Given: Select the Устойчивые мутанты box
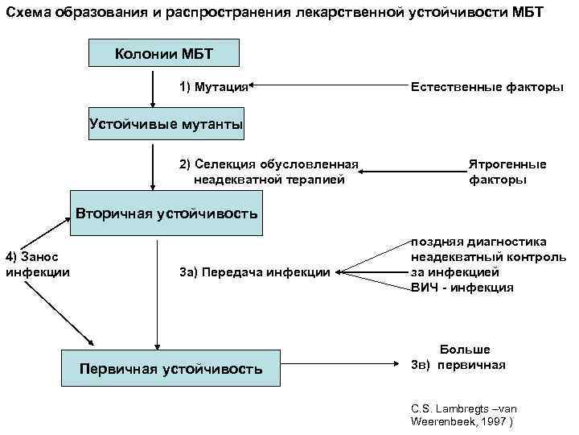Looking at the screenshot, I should (x=165, y=124).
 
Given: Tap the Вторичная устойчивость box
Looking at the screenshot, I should (x=166, y=213).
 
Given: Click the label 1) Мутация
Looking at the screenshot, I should (x=211, y=85).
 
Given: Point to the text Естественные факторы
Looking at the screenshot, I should (x=487, y=85).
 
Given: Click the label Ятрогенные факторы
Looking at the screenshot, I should (x=507, y=172).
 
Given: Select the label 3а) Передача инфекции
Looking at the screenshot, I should (x=255, y=273).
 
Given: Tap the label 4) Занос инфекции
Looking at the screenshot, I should (x=38, y=264).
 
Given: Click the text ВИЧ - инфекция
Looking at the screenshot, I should (x=462, y=288).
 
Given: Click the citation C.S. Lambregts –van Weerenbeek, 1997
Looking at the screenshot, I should (x=462, y=414).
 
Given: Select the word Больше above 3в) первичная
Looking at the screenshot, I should (x=465, y=350).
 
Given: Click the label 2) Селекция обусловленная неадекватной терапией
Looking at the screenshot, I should (x=268, y=172).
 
